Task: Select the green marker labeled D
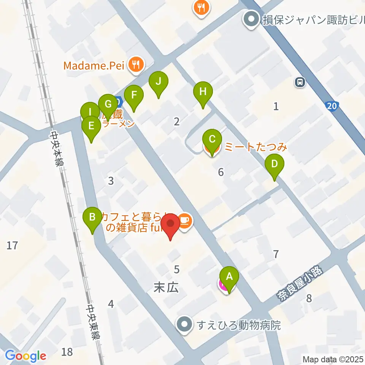[275, 165]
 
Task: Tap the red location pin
[170, 225]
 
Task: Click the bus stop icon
[300, 81]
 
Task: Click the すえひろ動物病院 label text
[239, 325]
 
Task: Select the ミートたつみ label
[255, 146]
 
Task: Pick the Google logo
[25, 356]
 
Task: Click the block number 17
[12, 246]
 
